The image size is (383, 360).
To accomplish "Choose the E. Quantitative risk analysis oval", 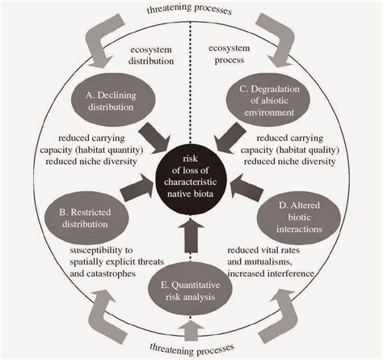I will (191, 290).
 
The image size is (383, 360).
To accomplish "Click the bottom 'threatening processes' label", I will (192, 351).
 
